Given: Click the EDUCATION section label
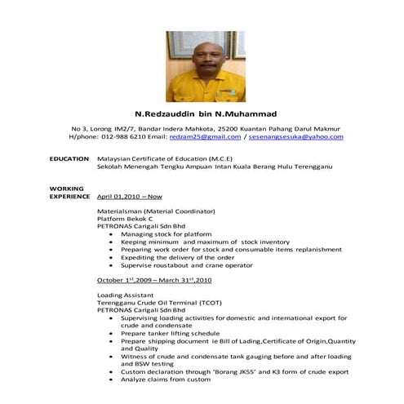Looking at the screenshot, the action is (x=69, y=158).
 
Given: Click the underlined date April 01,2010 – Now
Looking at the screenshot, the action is (x=129, y=197).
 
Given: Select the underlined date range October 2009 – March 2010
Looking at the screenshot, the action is (x=154, y=280).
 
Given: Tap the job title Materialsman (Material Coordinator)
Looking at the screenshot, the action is (x=151, y=211).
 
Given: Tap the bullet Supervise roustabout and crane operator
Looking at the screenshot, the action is (x=186, y=265).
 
